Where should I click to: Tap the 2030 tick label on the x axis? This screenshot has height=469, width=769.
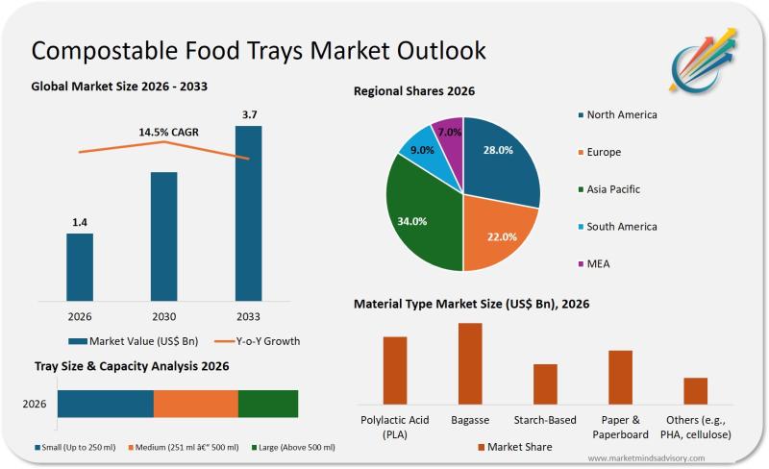(x=164, y=316)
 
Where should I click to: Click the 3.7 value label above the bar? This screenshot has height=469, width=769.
(x=249, y=115)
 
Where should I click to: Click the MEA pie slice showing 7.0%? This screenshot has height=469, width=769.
(x=448, y=135)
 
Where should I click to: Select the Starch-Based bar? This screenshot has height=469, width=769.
(x=545, y=383)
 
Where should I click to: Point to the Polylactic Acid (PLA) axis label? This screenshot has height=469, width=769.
(x=395, y=427)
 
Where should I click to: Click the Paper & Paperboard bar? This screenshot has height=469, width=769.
(x=620, y=377)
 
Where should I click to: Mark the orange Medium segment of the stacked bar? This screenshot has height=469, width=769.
(x=195, y=404)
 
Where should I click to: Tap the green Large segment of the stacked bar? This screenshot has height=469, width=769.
(x=268, y=404)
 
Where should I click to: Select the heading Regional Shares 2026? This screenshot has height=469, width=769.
(x=414, y=91)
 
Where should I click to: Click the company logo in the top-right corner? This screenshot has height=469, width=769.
(x=704, y=57)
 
